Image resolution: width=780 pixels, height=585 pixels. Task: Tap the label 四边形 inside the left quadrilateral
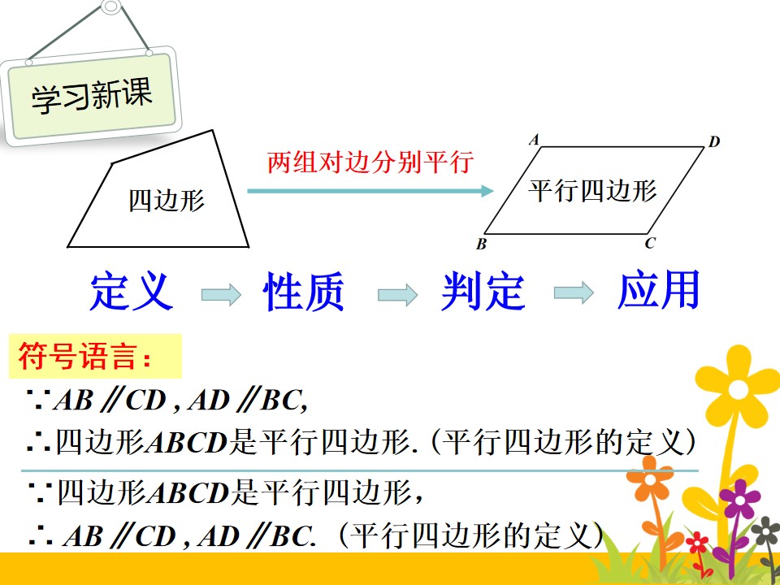coord(167,201)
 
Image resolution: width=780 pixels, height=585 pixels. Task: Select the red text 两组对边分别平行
coord(370,162)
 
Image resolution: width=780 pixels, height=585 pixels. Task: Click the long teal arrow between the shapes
coord(370,190)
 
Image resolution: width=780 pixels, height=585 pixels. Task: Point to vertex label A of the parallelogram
coord(535,140)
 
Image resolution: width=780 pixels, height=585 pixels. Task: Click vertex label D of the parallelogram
coord(714,141)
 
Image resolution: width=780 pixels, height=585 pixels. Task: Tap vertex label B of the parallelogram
coord(481,245)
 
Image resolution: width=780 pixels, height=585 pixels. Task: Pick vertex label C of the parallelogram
coord(650,243)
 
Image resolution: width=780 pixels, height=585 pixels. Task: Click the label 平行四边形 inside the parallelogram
coord(592,190)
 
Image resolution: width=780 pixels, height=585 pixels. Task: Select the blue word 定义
coord(132,291)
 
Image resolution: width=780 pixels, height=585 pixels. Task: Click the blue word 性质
coord(303,291)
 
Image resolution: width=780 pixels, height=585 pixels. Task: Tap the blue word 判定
coord(483,291)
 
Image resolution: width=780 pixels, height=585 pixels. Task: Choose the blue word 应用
coord(659,289)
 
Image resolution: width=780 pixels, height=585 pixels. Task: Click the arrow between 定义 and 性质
coord(221,294)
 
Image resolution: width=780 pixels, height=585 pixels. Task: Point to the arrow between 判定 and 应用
coord(574,292)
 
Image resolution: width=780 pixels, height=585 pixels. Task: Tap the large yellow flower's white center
coord(739,389)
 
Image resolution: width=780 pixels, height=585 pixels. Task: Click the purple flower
coord(739,499)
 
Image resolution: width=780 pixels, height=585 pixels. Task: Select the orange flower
coord(649,478)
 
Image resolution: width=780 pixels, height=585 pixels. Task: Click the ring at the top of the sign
coord(111,7)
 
